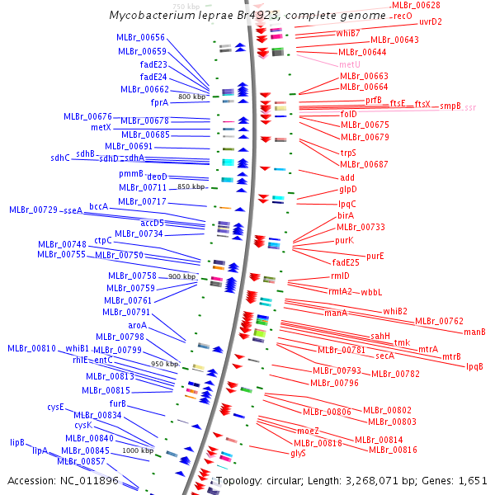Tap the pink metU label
[x=349, y=64]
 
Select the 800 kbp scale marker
[x=191, y=97]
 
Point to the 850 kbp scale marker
[x=191, y=187]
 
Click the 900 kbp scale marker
[x=181, y=276]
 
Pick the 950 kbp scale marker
[x=164, y=364]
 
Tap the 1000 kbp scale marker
[x=138, y=450]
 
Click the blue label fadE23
[x=153, y=64]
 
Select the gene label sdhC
[x=60, y=158]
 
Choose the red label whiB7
[x=347, y=33]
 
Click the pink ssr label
[x=469, y=108]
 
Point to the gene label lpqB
[x=474, y=366]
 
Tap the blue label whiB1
[x=77, y=348]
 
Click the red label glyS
[x=298, y=453]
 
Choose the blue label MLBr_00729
[x=33, y=210]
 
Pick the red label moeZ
[x=307, y=431]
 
